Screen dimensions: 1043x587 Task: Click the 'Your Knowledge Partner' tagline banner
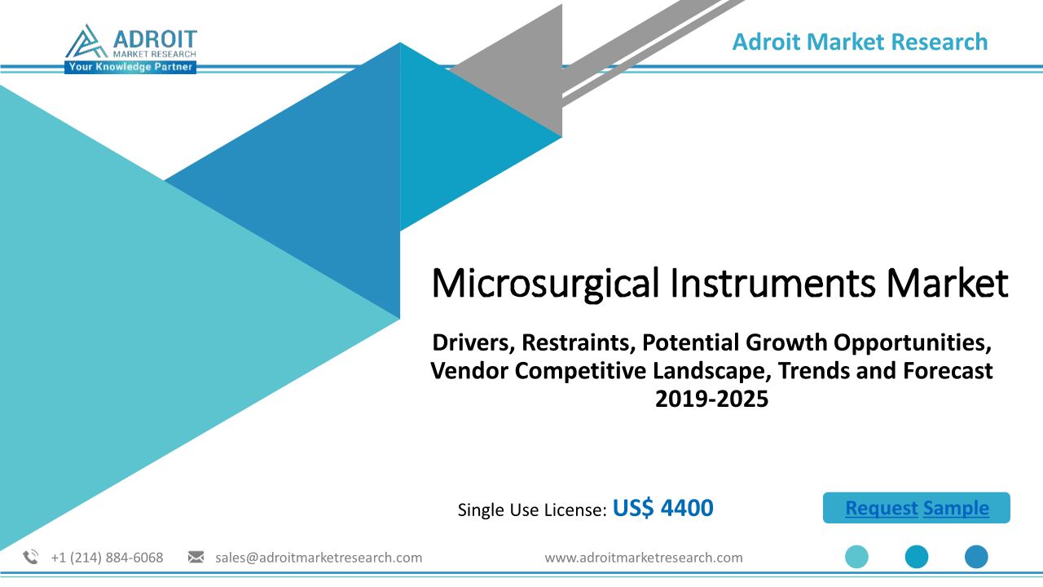[x=130, y=67]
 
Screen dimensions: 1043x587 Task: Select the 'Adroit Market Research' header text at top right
[x=860, y=42]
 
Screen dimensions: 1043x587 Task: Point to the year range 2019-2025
[x=711, y=399]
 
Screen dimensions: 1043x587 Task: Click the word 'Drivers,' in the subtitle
[x=473, y=343]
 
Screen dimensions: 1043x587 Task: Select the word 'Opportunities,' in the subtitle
[x=913, y=344]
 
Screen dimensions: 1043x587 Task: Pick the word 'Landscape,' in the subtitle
[x=709, y=372]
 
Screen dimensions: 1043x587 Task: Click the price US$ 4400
[x=663, y=508]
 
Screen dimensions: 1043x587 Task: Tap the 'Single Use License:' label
[x=532, y=510]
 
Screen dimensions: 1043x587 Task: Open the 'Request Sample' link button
[x=917, y=508]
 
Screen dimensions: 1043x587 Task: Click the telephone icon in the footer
[x=31, y=557]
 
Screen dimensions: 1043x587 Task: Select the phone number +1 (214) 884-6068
[x=107, y=558]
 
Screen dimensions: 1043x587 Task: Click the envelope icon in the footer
[x=196, y=557]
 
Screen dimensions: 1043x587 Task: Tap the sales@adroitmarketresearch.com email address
[x=319, y=558]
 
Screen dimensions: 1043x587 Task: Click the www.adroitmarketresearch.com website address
[x=644, y=558]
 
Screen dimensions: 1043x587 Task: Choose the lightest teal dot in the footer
[x=856, y=557]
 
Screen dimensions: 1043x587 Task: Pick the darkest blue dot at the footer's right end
[x=976, y=557]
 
